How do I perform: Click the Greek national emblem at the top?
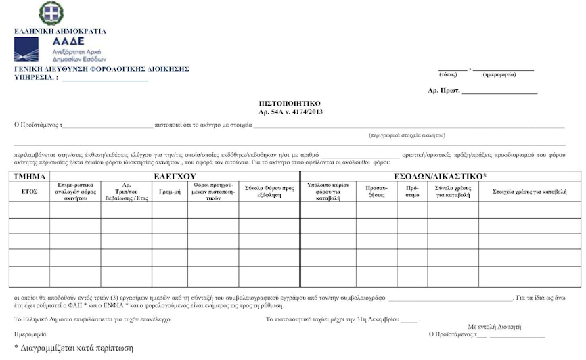(x=51, y=14)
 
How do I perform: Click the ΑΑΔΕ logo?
(x=59, y=49)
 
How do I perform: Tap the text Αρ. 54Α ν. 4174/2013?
(x=290, y=111)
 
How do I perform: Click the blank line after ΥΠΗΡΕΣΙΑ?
(x=105, y=78)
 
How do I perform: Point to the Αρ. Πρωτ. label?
(x=444, y=90)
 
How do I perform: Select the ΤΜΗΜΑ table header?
(x=29, y=176)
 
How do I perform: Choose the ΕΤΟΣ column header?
(x=29, y=192)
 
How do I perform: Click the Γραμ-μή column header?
(x=169, y=192)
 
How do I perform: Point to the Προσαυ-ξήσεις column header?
(x=376, y=192)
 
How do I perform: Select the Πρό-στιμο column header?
(x=412, y=192)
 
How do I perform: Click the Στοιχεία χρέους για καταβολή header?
(x=529, y=192)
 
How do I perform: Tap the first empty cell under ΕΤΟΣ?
(x=29, y=210)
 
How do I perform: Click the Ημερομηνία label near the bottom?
(x=30, y=334)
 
